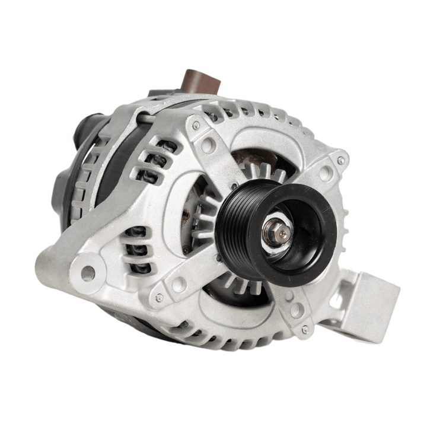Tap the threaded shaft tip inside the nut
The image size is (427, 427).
pyautogui.click(x=278, y=227)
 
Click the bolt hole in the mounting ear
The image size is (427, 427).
pyautogui.click(x=88, y=273)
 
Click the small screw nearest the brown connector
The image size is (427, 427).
pyautogui.click(x=196, y=126)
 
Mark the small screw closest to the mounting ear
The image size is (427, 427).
pyautogui.click(x=159, y=297)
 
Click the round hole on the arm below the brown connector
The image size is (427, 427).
pyautogui.click(x=208, y=144)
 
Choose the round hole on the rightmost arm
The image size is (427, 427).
pyautogui.click(x=325, y=173)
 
